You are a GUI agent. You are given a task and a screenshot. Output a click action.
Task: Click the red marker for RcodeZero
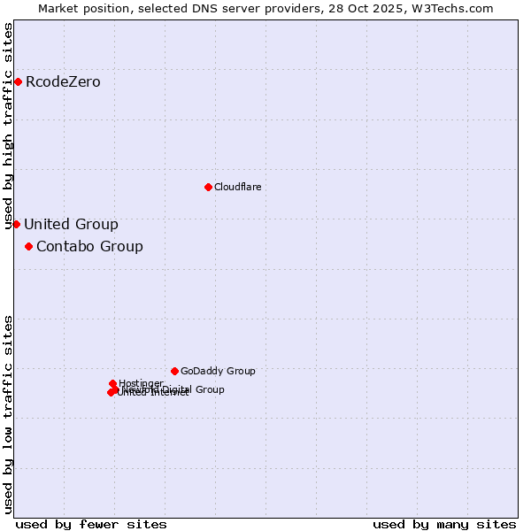pos(18,82)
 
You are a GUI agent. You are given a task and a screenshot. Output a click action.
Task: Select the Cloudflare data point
pos(208,187)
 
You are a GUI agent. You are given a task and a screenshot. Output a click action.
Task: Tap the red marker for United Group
pos(16,224)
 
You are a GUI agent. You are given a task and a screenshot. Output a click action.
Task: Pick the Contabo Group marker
pos(28,246)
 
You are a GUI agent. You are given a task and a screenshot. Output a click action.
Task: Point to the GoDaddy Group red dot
pos(174,371)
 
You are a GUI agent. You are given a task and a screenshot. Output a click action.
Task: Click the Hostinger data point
pos(113,383)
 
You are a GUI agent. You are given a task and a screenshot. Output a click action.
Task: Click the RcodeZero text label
pos(63,82)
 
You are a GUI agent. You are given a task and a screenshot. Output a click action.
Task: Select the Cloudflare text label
pos(237,187)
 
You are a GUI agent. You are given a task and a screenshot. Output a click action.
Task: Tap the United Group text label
pos(71,224)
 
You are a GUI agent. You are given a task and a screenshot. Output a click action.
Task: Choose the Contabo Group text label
pos(89,246)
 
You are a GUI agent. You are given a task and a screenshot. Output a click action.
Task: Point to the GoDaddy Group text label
pos(218,371)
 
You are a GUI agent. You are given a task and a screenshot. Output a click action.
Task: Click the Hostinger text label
pos(141,383)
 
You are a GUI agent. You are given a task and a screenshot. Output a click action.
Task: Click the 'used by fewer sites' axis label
pos(91,524)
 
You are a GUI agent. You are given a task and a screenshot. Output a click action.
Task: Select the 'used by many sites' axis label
pos(444,524)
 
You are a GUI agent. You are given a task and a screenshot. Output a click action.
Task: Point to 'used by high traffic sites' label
pos(9,126)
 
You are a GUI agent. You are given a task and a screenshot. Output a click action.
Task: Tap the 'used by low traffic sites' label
pos(9,414)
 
